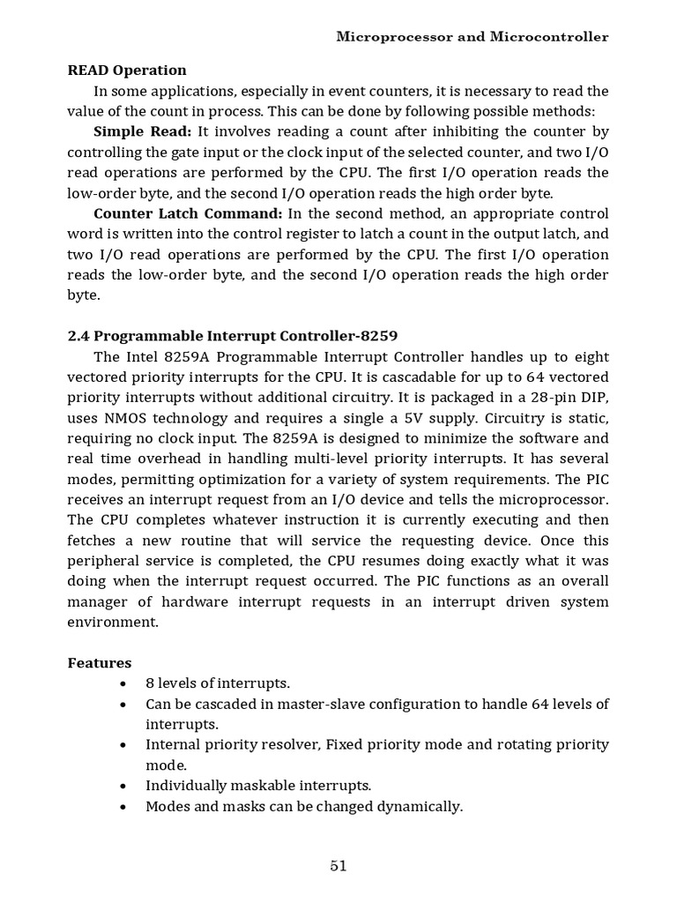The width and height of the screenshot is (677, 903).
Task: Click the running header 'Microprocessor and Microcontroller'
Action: (x=472, y=37)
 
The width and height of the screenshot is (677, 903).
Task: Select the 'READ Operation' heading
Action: (x=127, y=71)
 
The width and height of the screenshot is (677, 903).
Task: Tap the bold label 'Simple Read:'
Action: (x=142, y=131)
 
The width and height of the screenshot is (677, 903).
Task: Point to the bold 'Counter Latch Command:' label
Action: (x=188, y=213)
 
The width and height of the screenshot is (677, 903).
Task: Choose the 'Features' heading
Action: (x=100, y=662)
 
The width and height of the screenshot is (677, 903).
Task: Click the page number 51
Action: (x=338, y=865)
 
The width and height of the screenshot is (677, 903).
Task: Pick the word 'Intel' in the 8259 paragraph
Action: (x=140, y=356)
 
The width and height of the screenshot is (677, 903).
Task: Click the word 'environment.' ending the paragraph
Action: (x=113, y=622)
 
